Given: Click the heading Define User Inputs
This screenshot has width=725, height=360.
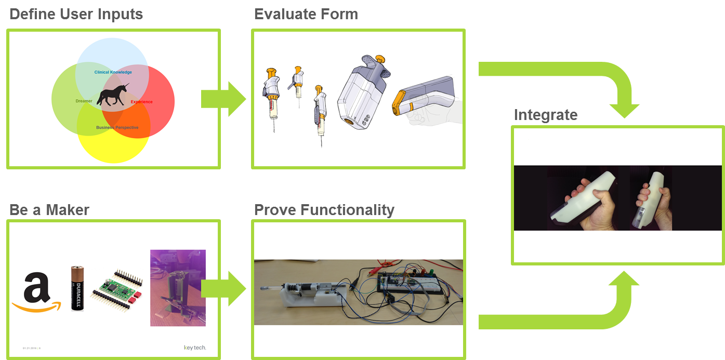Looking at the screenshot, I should click(76, 14).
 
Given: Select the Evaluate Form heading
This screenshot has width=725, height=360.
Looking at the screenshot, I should click(306, 14).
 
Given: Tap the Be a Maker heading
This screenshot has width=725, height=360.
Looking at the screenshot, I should click(49, 210).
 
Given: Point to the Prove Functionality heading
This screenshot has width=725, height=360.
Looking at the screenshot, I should click(324, 210).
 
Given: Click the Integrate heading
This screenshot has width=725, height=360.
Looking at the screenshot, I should click(545, 115).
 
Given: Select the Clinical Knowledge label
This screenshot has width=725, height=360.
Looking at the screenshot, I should click(113, 72).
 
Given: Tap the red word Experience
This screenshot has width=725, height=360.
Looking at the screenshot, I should click(141, 102).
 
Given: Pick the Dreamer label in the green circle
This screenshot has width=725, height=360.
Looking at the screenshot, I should click(84, 101).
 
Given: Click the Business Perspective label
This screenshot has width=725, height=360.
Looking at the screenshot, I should click(117, 127).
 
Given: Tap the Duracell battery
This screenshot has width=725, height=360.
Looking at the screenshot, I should click(77, 288).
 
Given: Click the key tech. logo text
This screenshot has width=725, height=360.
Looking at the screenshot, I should click(195, 347).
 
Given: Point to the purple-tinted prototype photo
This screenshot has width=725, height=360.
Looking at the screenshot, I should click(178, 288).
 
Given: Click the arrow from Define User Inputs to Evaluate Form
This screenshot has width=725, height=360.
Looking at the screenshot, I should click(223, 99).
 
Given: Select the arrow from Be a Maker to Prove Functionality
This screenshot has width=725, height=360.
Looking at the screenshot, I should click(223, 288).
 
